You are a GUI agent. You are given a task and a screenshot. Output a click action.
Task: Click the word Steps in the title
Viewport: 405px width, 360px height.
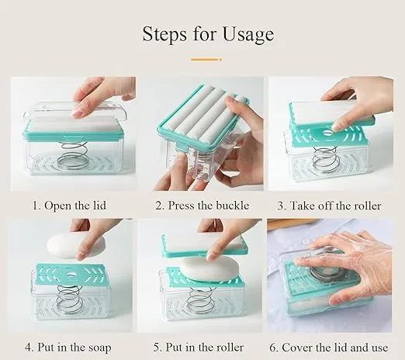(164, 34)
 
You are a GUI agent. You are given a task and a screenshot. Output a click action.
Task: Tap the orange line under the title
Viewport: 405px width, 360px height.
(206, 60)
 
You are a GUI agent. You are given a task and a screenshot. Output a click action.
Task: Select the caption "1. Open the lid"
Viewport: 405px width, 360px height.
(69, 206)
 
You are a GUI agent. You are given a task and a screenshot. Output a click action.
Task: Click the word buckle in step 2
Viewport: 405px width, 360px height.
(233, 206)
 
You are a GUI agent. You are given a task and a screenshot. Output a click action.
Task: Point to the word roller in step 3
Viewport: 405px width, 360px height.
(368, 206)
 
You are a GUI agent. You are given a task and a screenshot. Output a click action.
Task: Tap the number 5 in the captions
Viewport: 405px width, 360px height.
(157, 348)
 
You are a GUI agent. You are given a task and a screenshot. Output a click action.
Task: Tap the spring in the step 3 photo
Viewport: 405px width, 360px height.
(326, 161)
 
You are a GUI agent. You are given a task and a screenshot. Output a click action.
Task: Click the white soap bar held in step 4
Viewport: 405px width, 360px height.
(75, 246)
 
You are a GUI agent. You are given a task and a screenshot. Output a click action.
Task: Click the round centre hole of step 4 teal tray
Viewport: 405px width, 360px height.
(70, 274)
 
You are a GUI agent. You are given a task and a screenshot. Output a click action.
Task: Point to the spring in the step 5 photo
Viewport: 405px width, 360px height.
(199, 300)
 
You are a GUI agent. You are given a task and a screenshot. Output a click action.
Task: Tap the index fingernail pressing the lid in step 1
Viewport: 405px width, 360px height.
(77, 112)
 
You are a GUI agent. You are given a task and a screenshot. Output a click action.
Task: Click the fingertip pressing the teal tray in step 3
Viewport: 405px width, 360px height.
(337, 126)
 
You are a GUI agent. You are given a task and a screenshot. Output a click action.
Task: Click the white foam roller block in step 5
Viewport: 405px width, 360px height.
(204, 242)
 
